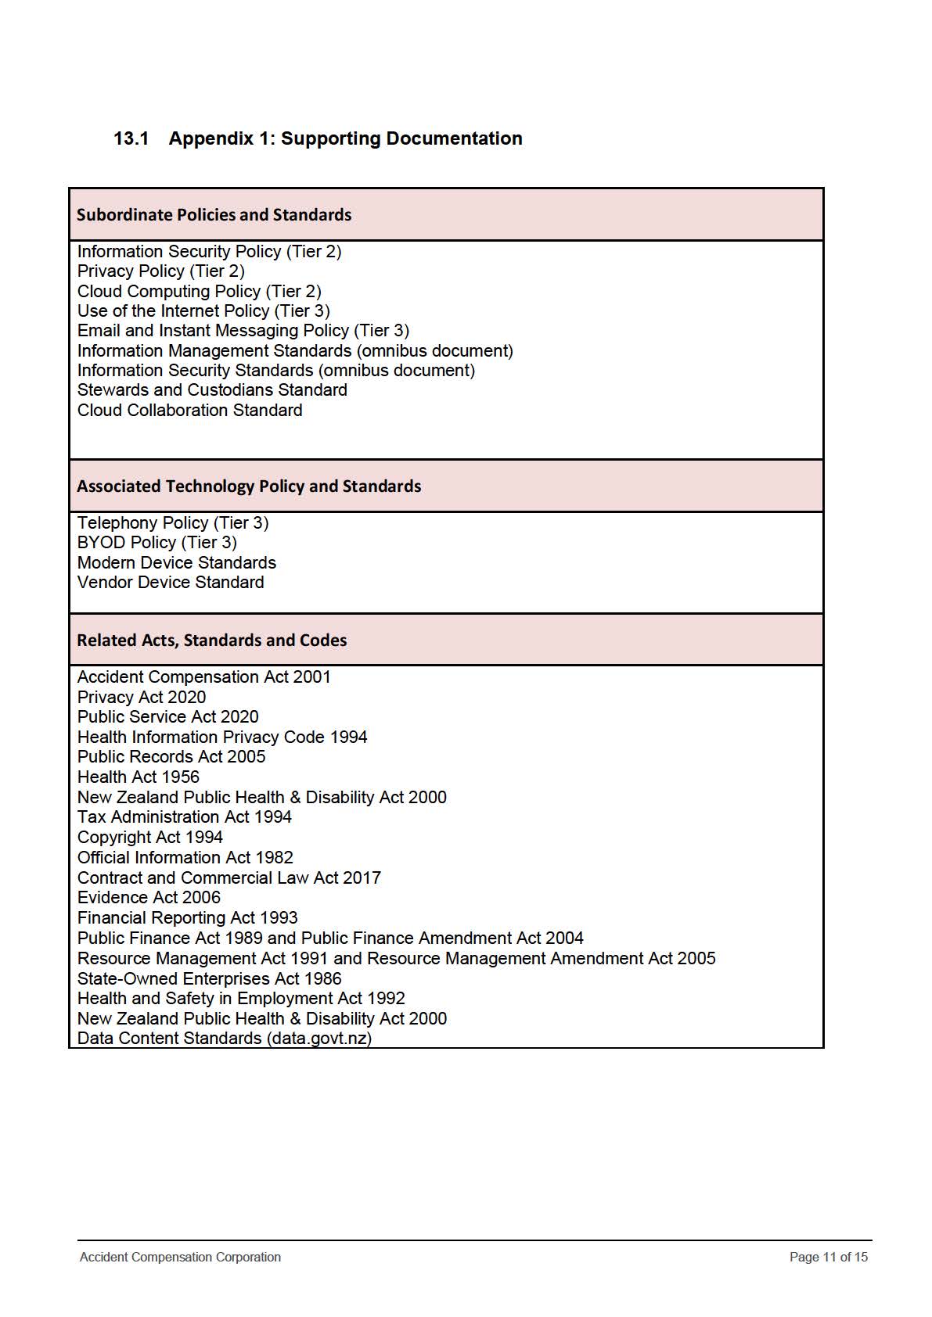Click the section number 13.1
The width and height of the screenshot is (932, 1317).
click(x=131, y=138)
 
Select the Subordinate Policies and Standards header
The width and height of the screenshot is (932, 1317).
click(x=214, y=215)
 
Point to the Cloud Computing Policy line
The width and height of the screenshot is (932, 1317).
click(x=199, y=291)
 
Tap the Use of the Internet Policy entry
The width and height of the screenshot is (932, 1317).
click(x=203, y=311)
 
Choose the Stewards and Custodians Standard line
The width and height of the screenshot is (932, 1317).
click(x=212, y=390)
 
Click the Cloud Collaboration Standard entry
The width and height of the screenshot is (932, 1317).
click(x=189, y=411)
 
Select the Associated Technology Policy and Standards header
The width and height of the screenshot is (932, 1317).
click(x=249, y=486)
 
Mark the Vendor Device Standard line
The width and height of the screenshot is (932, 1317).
click(x=171, y=583)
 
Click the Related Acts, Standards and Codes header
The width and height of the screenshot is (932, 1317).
click(x=211, y=641)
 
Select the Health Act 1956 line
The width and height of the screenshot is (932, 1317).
click(x=139, y=777)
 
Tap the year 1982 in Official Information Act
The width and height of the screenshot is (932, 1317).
click(x=275, y=858)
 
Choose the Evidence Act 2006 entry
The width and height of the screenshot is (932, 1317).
click(x=149, y=898)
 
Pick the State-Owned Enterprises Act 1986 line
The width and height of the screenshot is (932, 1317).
click(x=209, y=979)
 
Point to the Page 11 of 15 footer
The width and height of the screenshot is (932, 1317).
click(x=828, y=1258)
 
